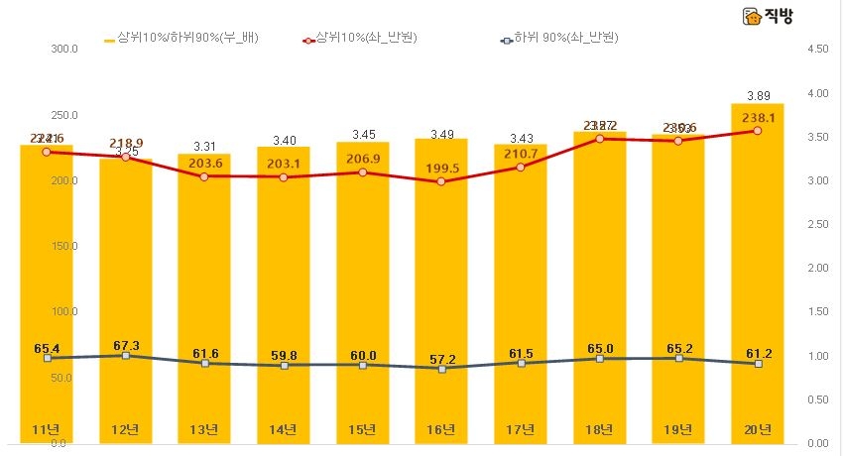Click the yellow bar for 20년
[757, 278]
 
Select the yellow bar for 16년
[441, 297]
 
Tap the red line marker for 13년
[204, 176]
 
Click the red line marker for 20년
[757, 131]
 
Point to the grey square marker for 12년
[125, 355]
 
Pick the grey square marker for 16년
[441, 368]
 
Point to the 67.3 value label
[125, 345]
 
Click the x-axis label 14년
[284, 429]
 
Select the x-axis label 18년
[599, 429]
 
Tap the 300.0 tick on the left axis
[63, 49]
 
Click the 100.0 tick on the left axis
[63, 311]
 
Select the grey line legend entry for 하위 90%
[560, 40]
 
